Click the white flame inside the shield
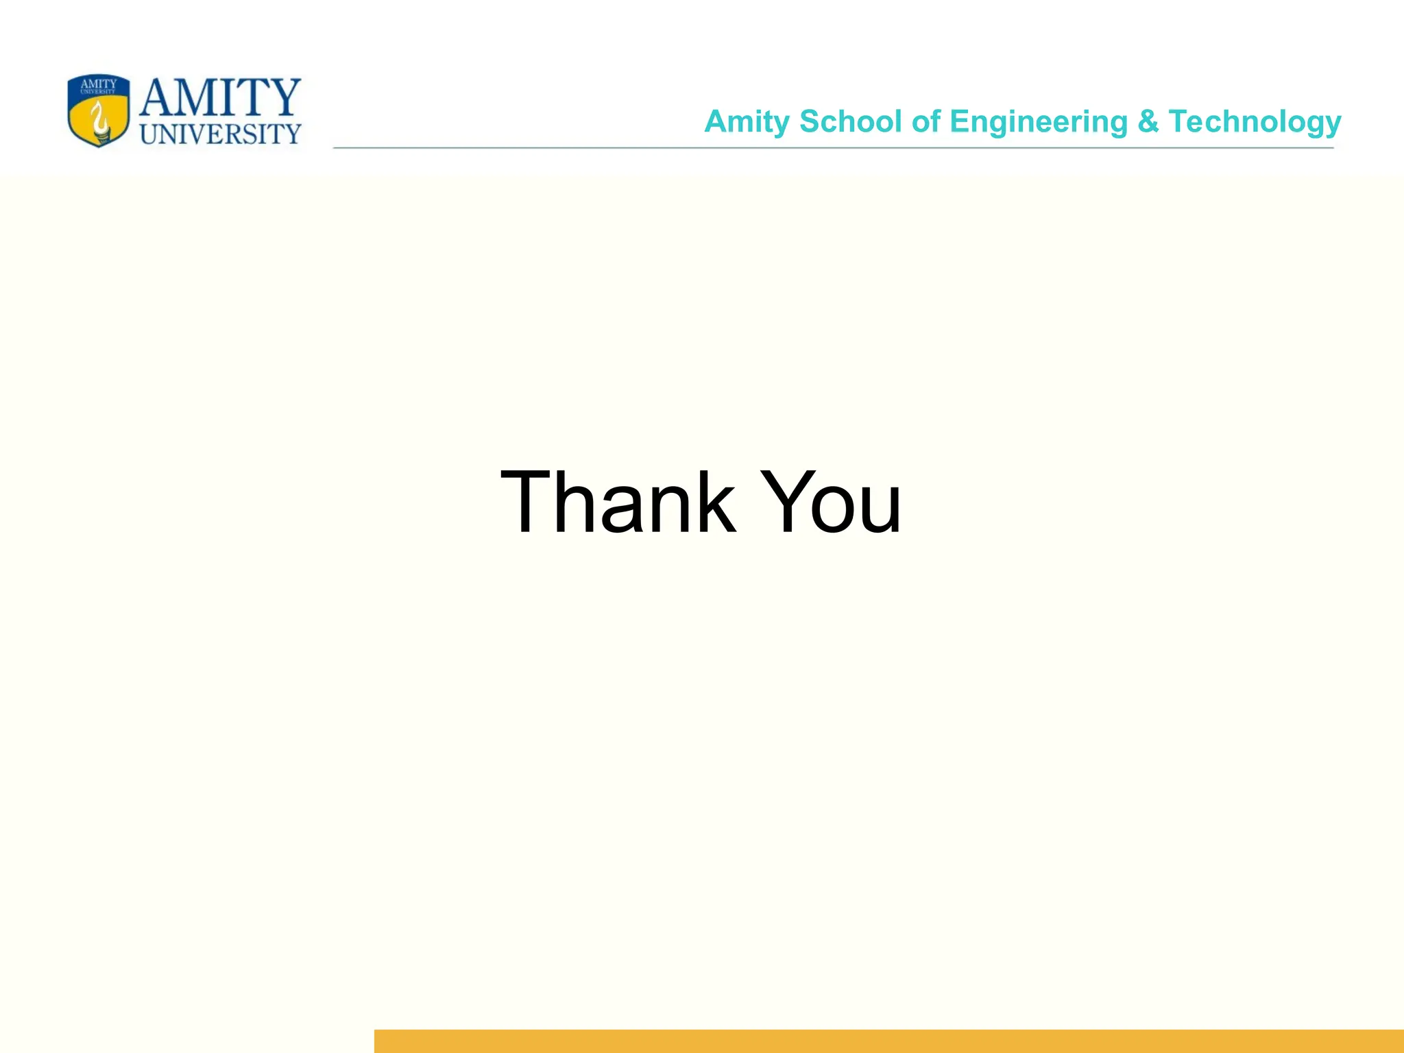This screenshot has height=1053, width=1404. point(101,117)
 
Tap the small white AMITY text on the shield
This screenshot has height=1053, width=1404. point(99,84)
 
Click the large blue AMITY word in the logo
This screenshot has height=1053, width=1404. point(220,97)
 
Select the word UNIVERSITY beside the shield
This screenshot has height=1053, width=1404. point(220,134)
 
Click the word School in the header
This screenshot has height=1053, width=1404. point(850,122)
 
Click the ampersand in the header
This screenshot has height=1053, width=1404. point(1148,122)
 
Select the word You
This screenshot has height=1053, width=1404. point(832,502)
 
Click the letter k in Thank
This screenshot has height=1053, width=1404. point(713,502)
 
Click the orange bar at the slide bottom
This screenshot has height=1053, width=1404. point(888,1041)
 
